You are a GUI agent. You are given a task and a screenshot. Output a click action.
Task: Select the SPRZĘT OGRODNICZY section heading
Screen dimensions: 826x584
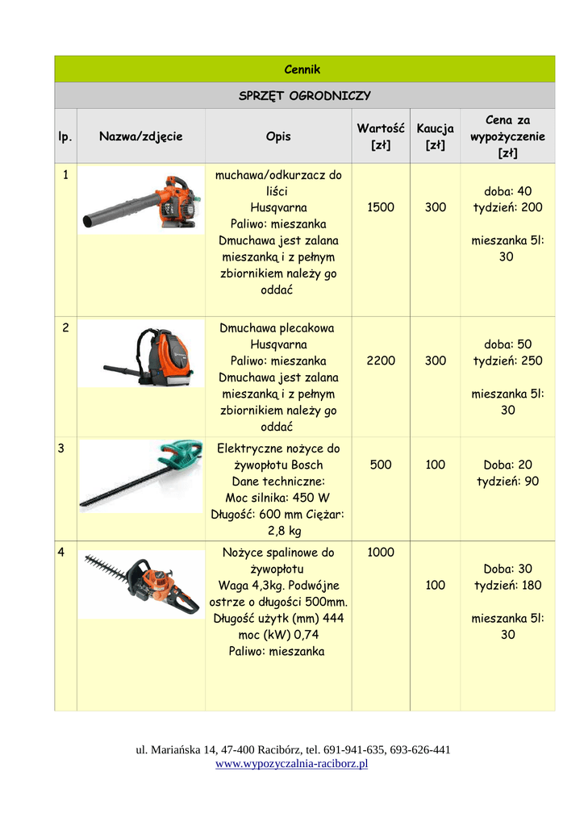coord(304,96)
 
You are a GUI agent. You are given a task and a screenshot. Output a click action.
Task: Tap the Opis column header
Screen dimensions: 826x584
coord(278,136)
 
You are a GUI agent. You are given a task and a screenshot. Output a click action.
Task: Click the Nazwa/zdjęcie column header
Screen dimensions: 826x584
coord(140,136)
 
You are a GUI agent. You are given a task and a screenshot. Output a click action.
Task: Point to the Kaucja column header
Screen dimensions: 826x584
coord(435,136)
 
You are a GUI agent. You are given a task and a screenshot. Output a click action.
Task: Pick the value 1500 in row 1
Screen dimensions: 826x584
coord(380,207)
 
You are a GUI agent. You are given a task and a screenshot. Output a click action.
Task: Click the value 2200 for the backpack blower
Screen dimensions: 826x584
coord(380,361)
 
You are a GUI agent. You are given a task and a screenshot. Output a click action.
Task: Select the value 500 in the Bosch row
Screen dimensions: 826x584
coord(380,465)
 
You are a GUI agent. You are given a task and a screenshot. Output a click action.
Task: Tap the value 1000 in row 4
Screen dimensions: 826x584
coord(380,553)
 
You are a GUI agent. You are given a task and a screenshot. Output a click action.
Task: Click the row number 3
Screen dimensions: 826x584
coord(61,448)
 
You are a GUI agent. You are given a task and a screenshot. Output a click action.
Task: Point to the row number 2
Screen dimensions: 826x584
coord(65,328)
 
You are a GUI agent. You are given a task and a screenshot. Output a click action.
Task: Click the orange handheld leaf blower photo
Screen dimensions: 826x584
coord(140,202)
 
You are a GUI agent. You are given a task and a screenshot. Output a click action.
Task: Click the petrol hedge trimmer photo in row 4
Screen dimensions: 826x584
coord(142,582)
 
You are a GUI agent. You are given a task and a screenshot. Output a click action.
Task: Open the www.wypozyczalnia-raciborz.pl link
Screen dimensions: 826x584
coord(291,764)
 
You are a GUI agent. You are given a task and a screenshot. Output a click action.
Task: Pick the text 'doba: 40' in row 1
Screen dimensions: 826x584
coord(507,191)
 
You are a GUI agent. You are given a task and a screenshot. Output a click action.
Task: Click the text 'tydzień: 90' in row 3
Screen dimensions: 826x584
coord(507,482)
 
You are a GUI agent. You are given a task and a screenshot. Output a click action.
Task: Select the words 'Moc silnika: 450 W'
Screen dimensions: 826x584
coord(277,498)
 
